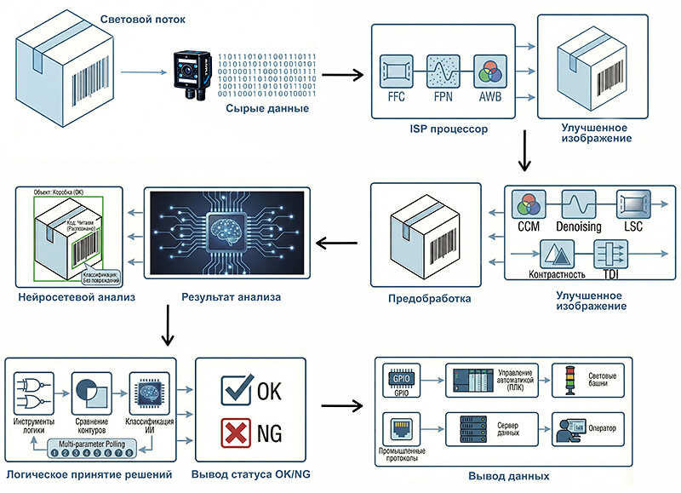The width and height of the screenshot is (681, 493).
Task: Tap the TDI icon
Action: (609, 254)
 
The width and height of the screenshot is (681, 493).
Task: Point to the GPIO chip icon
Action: (399, 377)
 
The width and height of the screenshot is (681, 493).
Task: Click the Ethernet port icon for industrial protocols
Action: (399, 429)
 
